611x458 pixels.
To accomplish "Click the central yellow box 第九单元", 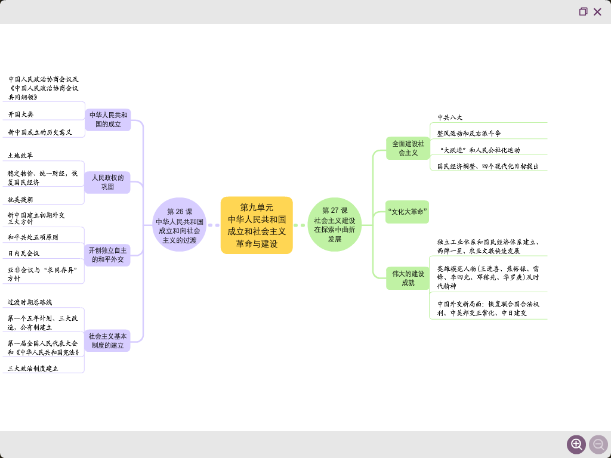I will coord(257,225).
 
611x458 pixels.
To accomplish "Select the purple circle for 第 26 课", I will coord(180,225).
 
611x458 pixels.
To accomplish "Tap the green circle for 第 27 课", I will coord(335,225).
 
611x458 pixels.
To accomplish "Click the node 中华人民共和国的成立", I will coord(108,120).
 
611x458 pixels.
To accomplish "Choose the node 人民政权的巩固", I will coord(107,182).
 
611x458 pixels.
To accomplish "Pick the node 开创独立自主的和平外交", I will coord(107,255).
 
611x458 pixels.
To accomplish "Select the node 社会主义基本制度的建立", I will coord(107,341).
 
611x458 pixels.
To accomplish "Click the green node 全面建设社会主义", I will coord(408,148).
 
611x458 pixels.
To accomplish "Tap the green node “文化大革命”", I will coord(408,212).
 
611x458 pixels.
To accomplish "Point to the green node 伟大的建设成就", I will coord(408,278).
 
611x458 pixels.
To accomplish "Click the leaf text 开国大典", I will coord(21,114).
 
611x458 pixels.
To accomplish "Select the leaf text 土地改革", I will coord(20,156).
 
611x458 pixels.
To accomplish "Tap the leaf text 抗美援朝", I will coord(20,200).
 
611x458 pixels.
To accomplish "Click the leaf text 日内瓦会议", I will coord(24,253).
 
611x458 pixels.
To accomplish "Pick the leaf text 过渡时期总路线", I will coord(30,302).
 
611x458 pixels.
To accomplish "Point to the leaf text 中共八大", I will coord(450,117).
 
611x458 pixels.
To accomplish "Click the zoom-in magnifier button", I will coord(576,444).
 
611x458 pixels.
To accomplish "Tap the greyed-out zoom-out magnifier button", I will coord(598,444).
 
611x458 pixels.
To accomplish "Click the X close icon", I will coord(597,12).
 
